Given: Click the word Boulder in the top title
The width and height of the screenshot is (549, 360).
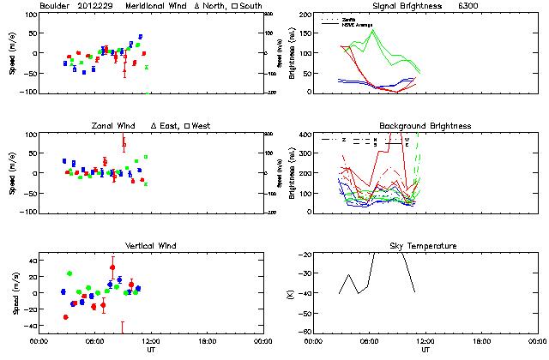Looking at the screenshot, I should tap(57, 6).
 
